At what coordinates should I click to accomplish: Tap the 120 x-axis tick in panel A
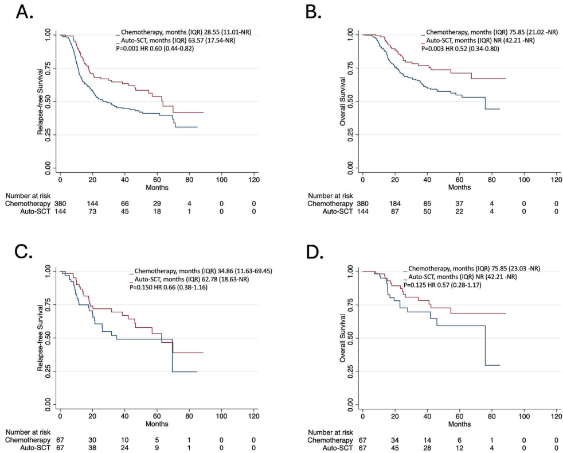click(x=253, y=179)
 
